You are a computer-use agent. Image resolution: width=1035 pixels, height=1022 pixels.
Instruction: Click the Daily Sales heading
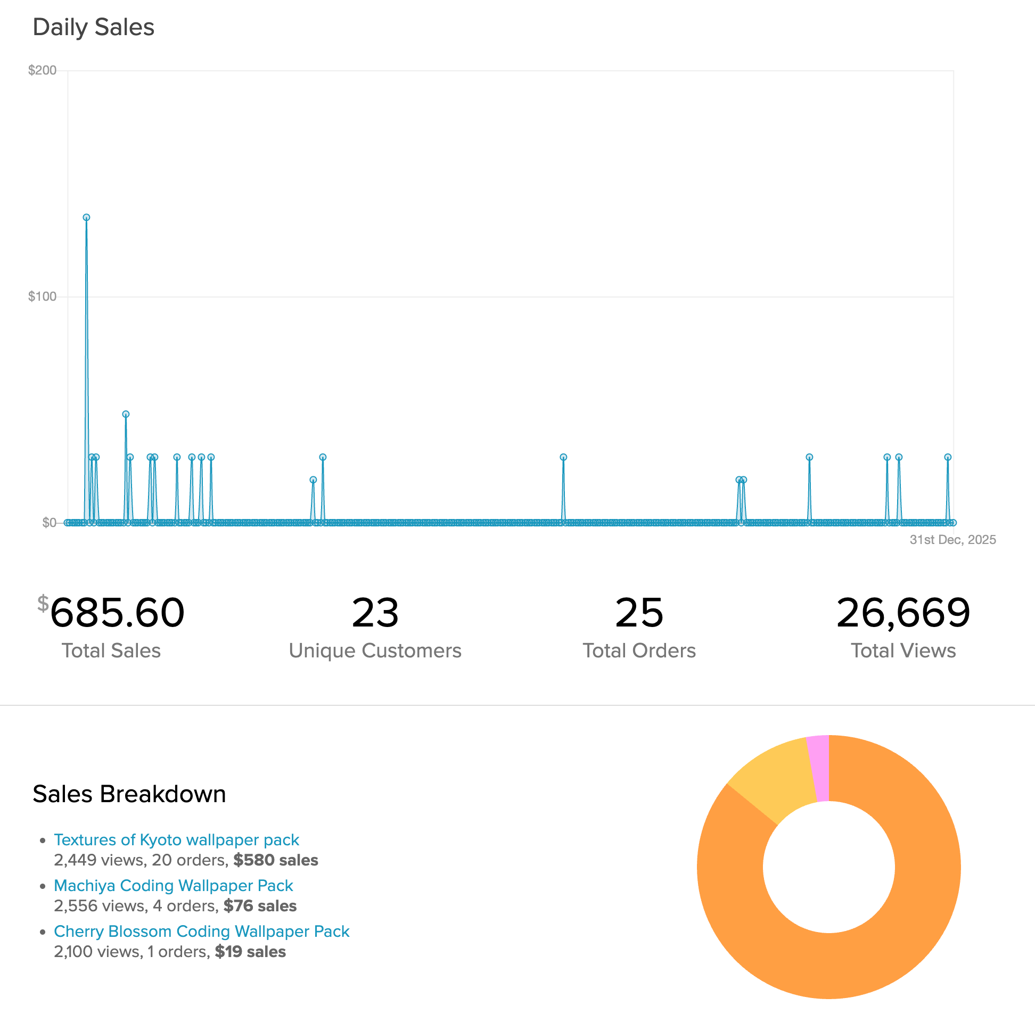click(x=93, y=27)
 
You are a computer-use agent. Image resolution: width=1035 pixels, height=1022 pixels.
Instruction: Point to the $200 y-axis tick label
click(x=42, y=70)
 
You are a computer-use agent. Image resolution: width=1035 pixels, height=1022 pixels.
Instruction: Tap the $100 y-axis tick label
click(x=42, y=296)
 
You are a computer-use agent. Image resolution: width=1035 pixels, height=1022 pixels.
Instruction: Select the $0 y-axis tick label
click(x=49, y=523)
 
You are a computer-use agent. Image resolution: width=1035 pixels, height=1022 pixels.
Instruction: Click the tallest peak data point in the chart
click(x=86, y=218)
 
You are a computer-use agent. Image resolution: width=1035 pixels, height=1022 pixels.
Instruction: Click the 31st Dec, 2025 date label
click(x=952, y=539)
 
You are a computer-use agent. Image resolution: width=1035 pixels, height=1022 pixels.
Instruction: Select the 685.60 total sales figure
click(x=117, y=612)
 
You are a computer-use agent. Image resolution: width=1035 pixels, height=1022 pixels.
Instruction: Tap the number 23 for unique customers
click(x=375, y=612)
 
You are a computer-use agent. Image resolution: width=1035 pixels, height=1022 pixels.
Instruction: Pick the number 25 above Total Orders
click(x=639, y=612)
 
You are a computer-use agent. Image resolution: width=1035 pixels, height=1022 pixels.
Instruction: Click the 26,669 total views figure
click(x=903, y=612)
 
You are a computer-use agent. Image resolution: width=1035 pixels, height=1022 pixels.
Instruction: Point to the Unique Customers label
click(x=375, y=650)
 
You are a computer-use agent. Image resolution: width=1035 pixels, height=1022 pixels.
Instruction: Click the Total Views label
click(x=903, y=650)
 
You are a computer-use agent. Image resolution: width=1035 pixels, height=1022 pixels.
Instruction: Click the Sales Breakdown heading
click(x=129, y=794)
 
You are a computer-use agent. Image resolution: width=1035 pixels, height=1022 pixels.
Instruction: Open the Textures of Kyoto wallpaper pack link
click(x=176, y=839)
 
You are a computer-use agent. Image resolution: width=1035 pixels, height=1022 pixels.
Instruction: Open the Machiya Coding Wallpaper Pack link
click(x=174, y=885)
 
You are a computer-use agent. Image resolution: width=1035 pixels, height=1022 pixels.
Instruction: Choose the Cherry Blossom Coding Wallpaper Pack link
click(x=201, y=931)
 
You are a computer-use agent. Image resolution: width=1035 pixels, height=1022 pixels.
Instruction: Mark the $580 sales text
click(x=275, y=860)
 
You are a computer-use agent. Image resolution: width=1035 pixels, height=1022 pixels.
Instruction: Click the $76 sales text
click(x=260, y=906)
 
